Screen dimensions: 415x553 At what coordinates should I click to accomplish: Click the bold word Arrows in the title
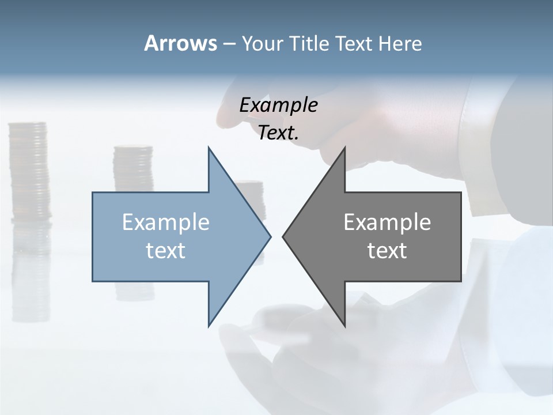click(x=180, y=43)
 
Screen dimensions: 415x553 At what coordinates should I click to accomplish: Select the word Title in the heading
click(x=313, y=44)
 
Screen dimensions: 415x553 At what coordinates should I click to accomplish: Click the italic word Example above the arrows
click(x=278, y=105)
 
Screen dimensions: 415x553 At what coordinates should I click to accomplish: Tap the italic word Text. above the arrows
click(x=278, y=133)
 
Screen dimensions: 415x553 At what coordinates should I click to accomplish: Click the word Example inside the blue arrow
click(x=166, y=222)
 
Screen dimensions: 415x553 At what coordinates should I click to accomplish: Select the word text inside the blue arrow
click(x=166, y=250)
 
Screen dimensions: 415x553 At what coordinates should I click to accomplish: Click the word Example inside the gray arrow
click(x=387, y=222)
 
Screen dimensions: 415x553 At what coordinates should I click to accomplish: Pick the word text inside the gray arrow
click(x=387, y=250)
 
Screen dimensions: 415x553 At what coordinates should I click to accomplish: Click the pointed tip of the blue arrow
click(x=270, y=236)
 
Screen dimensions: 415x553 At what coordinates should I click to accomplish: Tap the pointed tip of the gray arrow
click(x=283, y=236)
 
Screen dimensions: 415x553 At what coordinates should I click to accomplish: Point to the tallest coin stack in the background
click(x=28, y=173)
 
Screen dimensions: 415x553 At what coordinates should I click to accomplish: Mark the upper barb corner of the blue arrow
click(x=209, y=148)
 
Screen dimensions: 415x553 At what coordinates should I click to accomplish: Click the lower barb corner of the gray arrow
click(x=344, y=326)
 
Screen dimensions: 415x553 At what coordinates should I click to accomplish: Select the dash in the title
click(x=229, y=44)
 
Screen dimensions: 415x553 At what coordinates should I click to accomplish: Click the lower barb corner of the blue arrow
click(x=209, y=326)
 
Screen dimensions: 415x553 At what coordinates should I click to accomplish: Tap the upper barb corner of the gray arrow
click(x=344, y=148)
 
